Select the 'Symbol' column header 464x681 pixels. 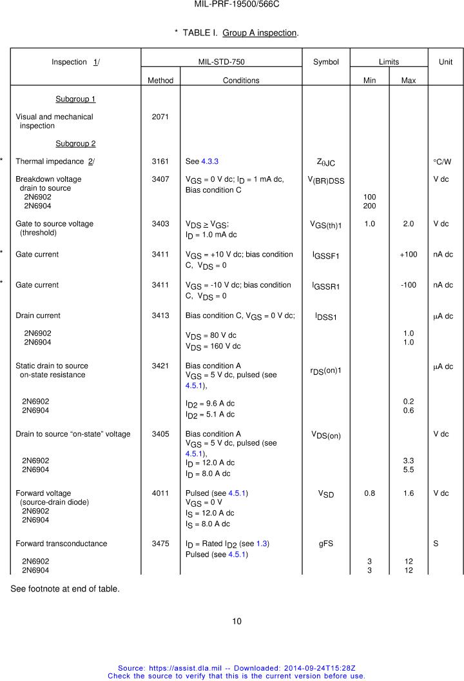point(326,62)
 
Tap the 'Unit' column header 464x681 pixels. point(445,62)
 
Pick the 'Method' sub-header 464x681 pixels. point(160,81)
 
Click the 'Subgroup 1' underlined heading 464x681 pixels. point(75,99)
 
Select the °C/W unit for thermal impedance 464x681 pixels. point(443,161)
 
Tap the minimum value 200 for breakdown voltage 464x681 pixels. point(369,206)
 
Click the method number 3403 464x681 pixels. point(160,224)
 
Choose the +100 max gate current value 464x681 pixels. point(409,255)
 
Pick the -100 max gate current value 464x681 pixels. point(409,285)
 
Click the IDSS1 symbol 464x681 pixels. point(326,317)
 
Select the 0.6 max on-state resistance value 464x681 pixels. point(409,411)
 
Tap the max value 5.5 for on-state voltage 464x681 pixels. point(409,469)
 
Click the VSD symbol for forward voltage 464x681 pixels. point(326,494)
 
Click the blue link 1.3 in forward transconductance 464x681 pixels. point(262,544)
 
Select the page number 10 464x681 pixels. point(237,621)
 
